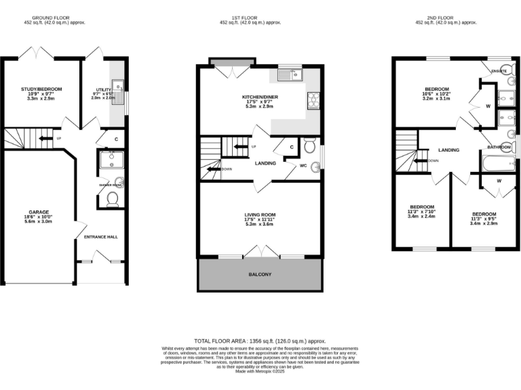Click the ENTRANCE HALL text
click(100, 237)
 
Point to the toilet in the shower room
click(113, 198)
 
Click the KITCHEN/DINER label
click(259, 97)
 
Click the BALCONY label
click(259, 274)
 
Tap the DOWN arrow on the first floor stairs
click(217, 169)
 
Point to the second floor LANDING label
click(449, 150)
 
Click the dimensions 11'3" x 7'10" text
click(422, 212)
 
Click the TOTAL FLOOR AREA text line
click(260, 341)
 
